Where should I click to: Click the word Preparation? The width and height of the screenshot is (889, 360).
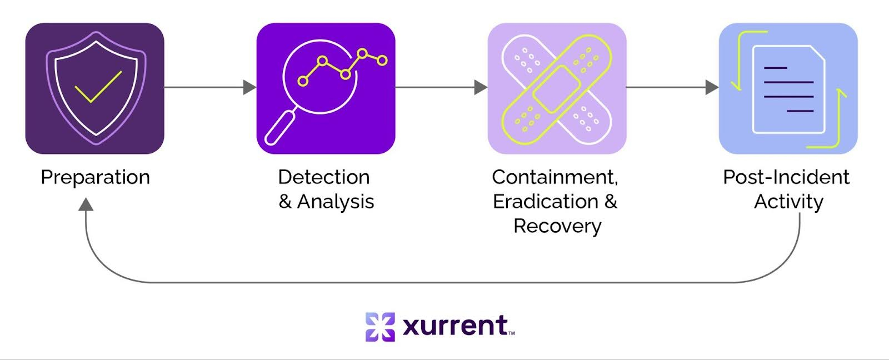(95, 177)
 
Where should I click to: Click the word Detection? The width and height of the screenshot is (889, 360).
(324, 177)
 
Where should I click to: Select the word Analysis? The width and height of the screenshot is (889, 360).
(336, 202)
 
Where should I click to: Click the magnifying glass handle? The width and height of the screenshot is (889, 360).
(281, 128)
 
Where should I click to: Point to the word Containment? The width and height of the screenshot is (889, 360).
(555, 177)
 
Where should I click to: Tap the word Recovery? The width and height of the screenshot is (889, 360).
(557, 226)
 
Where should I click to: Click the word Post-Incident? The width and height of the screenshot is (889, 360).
(786, 177)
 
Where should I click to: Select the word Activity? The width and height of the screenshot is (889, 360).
(788, 202)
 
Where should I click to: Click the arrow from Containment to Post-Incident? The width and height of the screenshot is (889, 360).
(672, 87)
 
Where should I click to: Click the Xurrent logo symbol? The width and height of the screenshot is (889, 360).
(380, 327)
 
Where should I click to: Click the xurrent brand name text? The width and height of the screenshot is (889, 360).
(455, 326)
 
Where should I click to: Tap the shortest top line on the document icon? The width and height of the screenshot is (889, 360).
(776, 68)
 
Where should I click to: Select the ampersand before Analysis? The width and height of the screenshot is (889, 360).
(285, 202)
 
